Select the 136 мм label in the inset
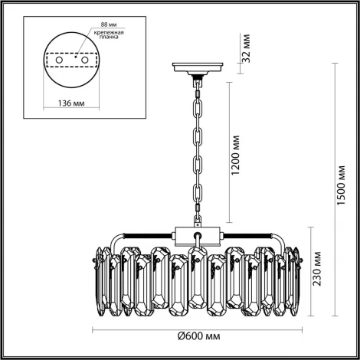[74, 105]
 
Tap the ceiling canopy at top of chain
[198, 68]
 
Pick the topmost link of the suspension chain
[198, 100]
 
